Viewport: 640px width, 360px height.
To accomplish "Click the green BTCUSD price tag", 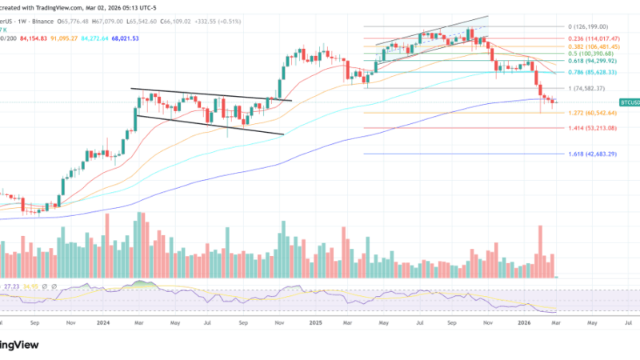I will coord(629,102).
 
